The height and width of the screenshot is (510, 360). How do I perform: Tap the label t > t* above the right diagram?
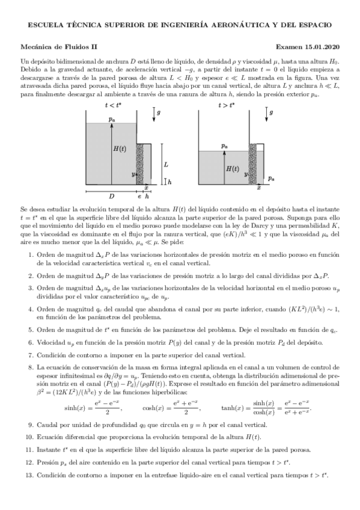(227, 105)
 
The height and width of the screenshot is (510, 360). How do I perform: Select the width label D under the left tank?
(111, 196)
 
